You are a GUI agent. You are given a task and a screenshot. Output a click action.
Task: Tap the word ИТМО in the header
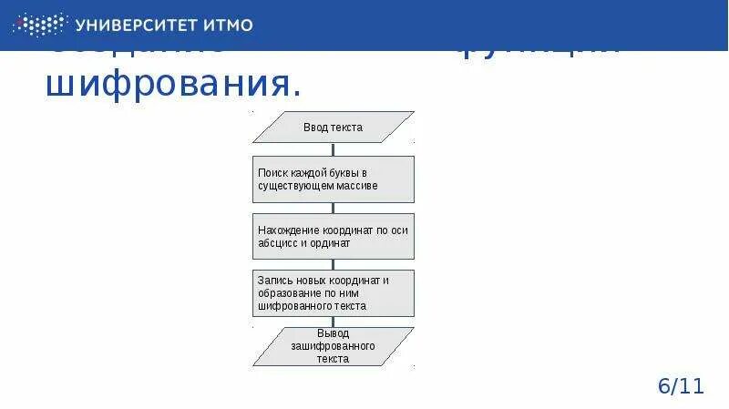tap(229, 25)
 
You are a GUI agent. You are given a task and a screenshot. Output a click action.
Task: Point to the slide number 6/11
tap(681, 385)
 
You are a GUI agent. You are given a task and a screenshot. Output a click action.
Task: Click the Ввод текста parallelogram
tap(333, 128)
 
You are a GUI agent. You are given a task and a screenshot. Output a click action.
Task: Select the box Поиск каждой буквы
tap(333, 179)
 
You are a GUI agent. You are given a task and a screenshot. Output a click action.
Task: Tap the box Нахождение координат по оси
tap(333, 237)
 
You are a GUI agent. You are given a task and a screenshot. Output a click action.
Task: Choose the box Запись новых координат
tap(333, 292)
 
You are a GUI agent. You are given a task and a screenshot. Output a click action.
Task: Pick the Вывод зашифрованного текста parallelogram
tap(333, 346)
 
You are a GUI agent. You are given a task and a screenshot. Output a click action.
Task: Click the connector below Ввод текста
tap(333, 149)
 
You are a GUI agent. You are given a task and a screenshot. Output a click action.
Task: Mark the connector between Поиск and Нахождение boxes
tap(333, 208)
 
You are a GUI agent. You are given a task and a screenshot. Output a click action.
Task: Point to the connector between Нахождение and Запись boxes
tap(333, 264)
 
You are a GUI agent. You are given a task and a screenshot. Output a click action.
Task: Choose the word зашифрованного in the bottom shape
tap(333, 347)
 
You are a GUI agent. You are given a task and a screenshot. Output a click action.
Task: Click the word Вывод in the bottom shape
tap(333, 334)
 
